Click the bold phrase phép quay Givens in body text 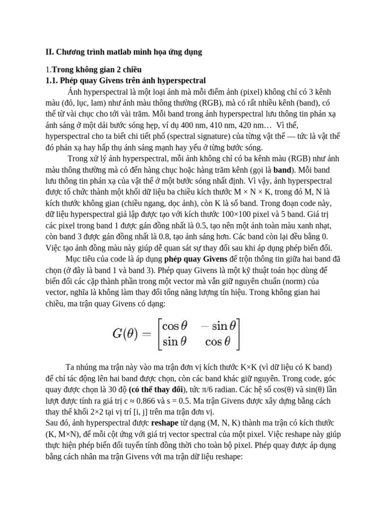(193, 259)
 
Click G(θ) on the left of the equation (127, 332)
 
